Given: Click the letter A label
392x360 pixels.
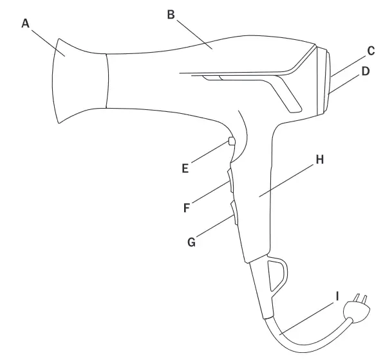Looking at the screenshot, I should [25, 23].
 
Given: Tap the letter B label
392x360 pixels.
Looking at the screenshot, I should [171, 14].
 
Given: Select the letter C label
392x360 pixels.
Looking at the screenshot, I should [370, 50].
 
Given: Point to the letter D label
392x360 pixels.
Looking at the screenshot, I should [365, 71].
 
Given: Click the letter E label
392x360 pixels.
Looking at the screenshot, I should [185, 168].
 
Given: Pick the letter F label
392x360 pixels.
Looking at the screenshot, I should [187, 208].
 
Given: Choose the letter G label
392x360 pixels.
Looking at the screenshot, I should [191, 242].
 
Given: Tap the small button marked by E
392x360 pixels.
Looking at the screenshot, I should [231, 142].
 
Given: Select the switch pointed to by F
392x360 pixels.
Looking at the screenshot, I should [231, 181].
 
